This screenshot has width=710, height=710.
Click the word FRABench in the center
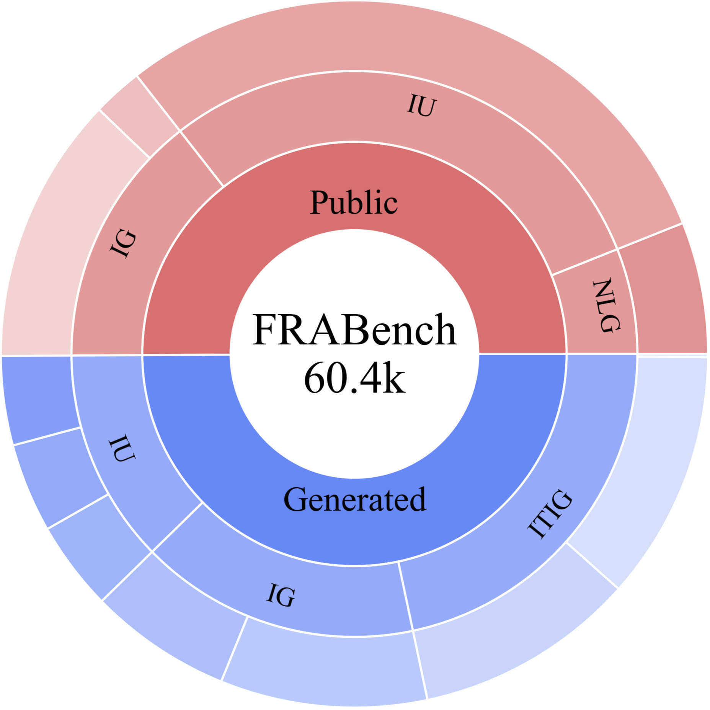click(x=354, y=330)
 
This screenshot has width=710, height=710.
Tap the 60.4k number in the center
click(x=354, y=378)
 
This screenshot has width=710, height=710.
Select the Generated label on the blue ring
click(x=354, y=499)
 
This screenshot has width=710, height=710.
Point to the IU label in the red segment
click(x=421, y=106)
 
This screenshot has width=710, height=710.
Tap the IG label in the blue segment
click(x=281, y=595)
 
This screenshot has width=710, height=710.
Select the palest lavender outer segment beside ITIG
click(x=651, y=459)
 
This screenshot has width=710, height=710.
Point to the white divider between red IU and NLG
click(x=585, y=262)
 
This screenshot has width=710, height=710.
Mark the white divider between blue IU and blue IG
click(x=177, y=527)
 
